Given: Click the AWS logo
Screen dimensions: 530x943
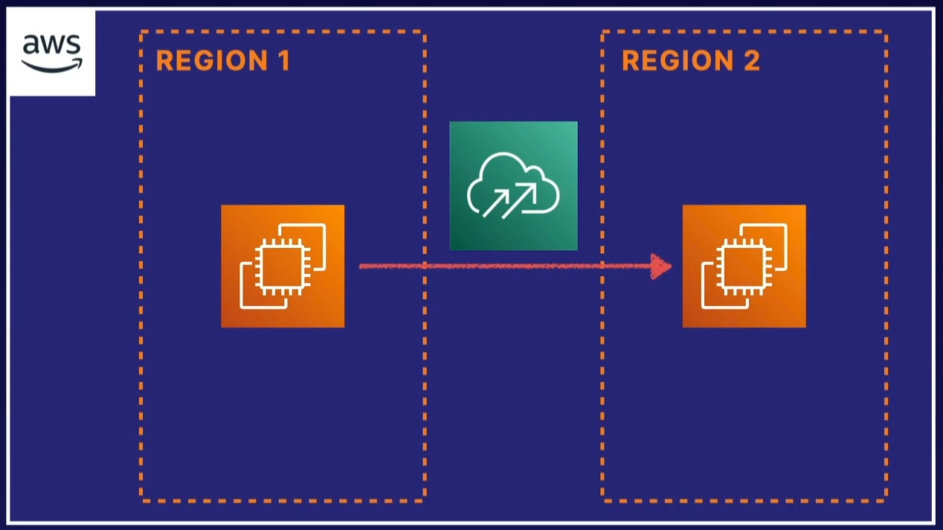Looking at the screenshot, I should [x=51, y=53].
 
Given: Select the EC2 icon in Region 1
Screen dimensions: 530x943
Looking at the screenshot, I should [x=283, y=266].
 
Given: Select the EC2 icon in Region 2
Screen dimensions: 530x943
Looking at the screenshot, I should [x=744, y=266].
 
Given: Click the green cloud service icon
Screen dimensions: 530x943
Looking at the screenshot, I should [x=513, y=185].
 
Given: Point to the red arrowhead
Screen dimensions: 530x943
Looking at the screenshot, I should [x=660, y=266].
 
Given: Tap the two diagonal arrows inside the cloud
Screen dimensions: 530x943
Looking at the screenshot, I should [x=510, y=199].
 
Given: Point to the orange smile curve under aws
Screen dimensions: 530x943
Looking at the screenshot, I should [x=51, y=66].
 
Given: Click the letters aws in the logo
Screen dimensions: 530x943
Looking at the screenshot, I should [x=51, y=45].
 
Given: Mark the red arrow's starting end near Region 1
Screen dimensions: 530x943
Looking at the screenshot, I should [x=362, y=266].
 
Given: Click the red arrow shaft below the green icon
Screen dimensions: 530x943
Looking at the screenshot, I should [x=513, y=266].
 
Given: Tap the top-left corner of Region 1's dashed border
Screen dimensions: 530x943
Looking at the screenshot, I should [x=141, y=32].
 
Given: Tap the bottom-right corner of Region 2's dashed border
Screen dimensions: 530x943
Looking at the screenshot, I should [x=886, y=499].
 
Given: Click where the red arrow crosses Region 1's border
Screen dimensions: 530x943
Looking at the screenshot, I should [x=425, y=266].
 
